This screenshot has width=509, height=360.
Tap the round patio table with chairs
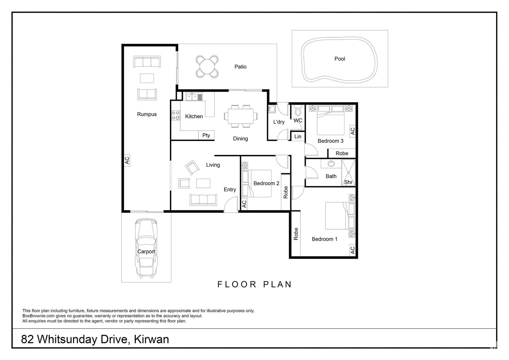click(x=207, y=66)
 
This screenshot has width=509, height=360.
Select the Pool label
click(x=339, y=59)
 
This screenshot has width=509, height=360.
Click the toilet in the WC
click(x=297, y=110)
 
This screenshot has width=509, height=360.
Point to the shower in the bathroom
click(x=348, y=172)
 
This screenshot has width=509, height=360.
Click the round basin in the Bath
click(x=331, y=164)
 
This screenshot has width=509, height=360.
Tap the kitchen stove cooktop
click(x=176, y=116)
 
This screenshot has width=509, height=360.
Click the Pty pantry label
click(x=206, y=135)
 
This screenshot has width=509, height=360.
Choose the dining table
click(x=241, y=116)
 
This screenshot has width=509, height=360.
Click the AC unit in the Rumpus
click(x=127, y=160)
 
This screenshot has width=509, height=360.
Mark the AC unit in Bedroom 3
click(x=352, y=131)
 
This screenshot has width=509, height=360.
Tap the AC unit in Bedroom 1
click(x=352, y=250)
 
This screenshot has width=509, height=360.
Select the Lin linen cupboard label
click(x=298, y=136)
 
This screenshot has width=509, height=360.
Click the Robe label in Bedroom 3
click(x=342, y=153)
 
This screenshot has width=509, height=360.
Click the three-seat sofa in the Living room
click(x=203, y=199)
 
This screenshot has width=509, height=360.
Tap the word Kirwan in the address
click(x=151, y=339)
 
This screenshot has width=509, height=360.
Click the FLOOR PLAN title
click(x=254, y=284)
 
